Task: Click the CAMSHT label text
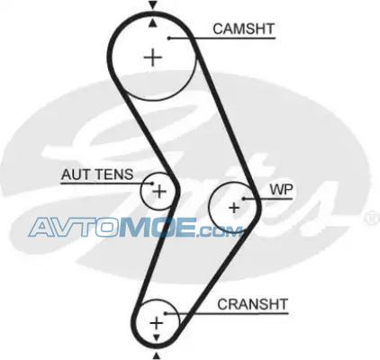(244, 29)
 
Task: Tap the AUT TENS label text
(97, 175)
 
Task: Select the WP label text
(281, 190)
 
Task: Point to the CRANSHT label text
(252, 304)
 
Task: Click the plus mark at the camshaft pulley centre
(153, 58)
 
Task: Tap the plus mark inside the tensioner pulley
(159, 191)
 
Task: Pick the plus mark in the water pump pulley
(234, 208)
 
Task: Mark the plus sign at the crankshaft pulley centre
(156, 323)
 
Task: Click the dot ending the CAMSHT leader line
(169, 38)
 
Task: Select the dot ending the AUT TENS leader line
(152, 184)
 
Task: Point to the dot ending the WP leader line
(244, 198)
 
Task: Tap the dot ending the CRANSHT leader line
(165, 313)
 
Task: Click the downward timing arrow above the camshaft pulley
(153, 5)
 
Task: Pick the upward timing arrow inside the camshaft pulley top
(153, 22)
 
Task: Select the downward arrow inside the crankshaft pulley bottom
(156, 338)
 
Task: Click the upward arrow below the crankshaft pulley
(156, 355)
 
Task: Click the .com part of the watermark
(219, 230)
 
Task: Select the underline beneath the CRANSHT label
(226, 314)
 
